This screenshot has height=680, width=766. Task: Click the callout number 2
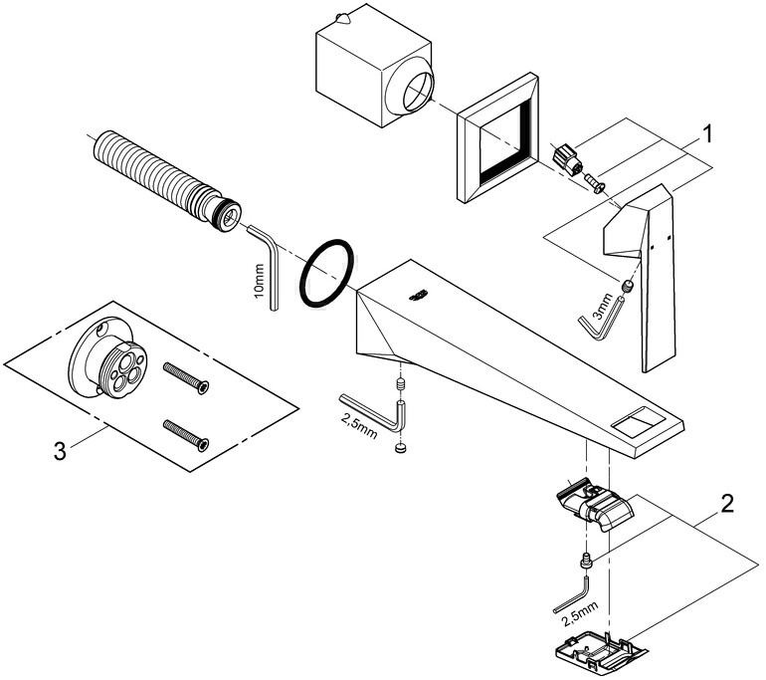(727, 503)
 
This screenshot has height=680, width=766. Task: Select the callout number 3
(60, 451)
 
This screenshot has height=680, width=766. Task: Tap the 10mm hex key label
(259, 283)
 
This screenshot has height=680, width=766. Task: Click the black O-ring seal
(327, 275)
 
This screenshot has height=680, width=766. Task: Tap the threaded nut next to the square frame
(566, 157)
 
